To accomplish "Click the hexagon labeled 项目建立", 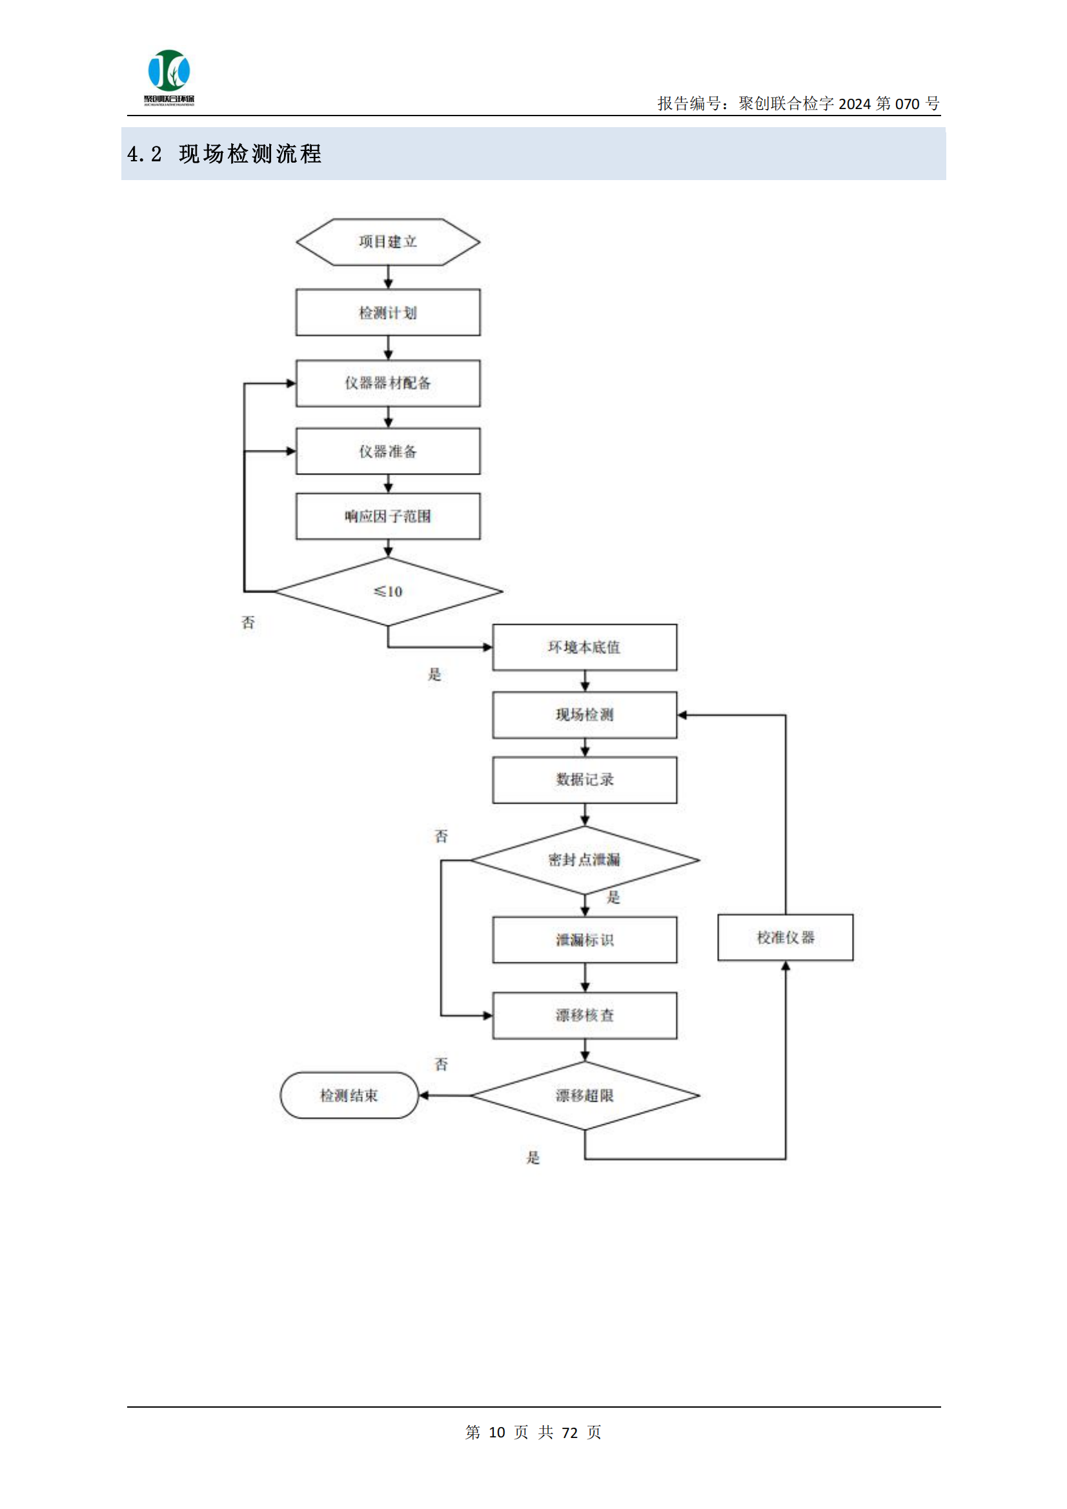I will pos(388,242).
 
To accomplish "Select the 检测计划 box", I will pos(388,312).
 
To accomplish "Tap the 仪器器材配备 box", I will pos(388,383).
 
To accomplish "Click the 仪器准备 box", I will pos(388,451).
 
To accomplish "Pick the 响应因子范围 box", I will pos(388,516).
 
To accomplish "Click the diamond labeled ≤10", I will pos(388,591).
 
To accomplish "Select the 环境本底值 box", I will pos(584,647).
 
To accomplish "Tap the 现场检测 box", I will pos(584,714).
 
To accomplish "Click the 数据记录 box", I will pos(584,780).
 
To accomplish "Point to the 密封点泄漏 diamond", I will pos(584,860).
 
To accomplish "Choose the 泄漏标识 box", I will pos(584,940).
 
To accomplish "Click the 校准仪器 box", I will pos(785,937).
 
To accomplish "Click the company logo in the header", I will pos(169,76).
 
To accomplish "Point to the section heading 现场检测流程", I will pos(250,154).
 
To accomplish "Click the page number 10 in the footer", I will pos(497,1432).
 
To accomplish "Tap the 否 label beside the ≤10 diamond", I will pos(248,622).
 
